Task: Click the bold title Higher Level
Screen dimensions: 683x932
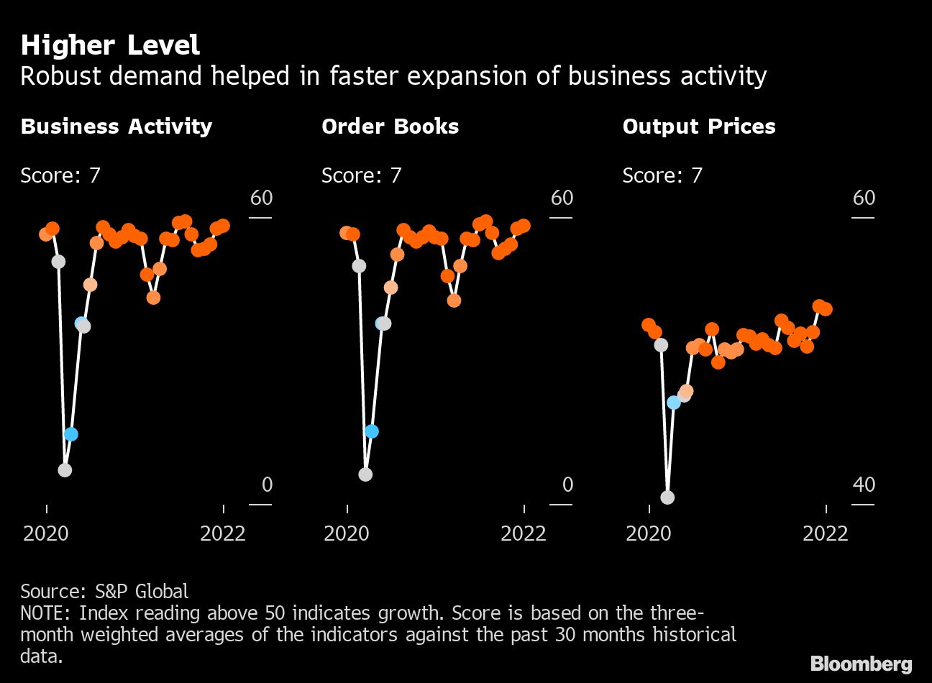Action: [110, 45]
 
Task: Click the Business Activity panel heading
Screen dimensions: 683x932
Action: [116, 127]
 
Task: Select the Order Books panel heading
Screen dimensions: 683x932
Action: [390, 127]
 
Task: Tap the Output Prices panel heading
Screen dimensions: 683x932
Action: [699, 127]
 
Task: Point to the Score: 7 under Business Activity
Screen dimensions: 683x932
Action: [60, 175]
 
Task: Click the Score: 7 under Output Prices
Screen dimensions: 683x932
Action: [662, 175]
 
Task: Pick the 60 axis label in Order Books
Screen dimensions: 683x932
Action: [562, 198]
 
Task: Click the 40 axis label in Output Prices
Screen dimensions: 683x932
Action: [864, 485]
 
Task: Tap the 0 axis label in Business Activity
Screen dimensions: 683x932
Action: [267, 485]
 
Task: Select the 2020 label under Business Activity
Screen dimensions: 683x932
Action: [46, 533]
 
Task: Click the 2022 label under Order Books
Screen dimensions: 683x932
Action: [523, 533]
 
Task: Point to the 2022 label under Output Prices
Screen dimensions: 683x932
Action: [825, 533]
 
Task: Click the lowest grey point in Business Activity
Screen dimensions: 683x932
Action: [65, 470]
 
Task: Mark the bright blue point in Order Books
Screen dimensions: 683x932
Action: [371, 431]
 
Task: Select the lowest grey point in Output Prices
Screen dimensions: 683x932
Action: [667, 498]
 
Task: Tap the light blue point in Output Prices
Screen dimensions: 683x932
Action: [673, 403]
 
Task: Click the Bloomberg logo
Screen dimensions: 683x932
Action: [861, 664]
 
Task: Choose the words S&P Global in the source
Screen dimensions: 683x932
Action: [142, 591]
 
